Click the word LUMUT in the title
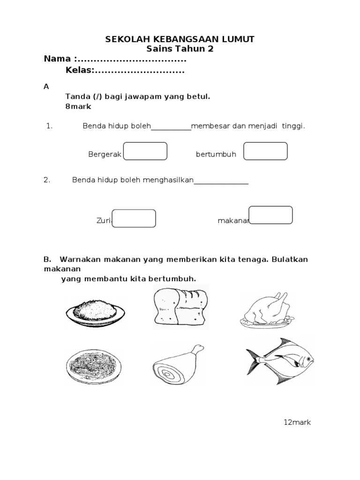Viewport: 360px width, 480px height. coord(238,39)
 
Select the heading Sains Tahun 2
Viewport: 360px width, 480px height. coord(180,49)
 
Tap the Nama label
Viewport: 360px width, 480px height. coord(58,59)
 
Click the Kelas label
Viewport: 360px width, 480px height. coord(80,71)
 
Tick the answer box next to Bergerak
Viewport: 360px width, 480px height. coord(145,151)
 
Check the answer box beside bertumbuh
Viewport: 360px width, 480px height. coord(265,151)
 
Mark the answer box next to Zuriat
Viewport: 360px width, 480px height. coord(134,218)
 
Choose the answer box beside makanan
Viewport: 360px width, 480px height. coord(270,215)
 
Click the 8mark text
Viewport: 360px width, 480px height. coord(78,106)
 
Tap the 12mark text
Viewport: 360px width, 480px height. coord(297,422)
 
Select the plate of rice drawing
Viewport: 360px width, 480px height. coord(96,311)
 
